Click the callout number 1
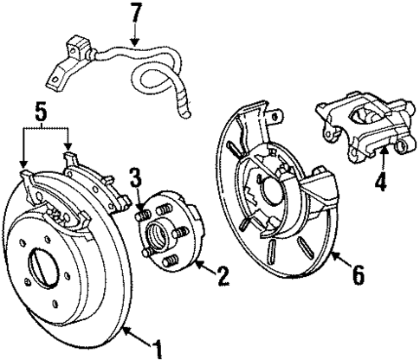(158, 350)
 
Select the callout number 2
(223, 276)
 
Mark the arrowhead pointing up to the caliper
(382, 150)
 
